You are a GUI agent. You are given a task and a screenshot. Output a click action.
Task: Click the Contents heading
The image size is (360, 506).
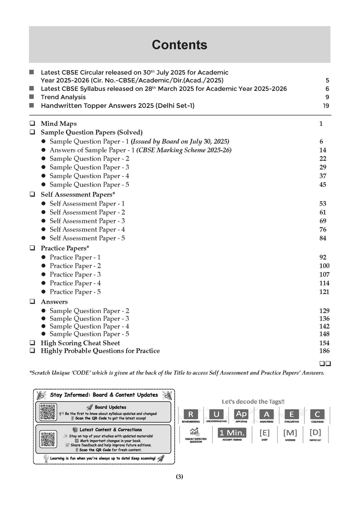[x=179, y=45]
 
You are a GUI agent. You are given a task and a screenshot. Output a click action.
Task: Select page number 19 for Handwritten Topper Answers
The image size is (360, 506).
[x=326, y=106]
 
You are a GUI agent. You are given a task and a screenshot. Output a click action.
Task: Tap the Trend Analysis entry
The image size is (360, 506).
[x=63, y=97]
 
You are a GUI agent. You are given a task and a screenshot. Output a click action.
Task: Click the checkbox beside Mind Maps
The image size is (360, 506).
[x=32, y=124]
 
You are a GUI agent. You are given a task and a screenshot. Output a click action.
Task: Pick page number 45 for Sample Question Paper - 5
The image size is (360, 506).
[x=323, y=185]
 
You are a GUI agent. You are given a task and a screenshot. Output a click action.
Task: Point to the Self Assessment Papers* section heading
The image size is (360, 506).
[x=78, y=195]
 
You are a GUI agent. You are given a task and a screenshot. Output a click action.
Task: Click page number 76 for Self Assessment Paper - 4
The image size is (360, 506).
[x=323, y=230]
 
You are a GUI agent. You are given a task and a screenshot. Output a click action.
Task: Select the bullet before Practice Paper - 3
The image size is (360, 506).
[x=44, y=275]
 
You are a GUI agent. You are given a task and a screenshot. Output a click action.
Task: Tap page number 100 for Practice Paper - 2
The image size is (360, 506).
[x=324, y=266]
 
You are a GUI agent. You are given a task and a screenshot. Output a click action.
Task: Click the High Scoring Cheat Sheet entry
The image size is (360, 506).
[x=80, y=343]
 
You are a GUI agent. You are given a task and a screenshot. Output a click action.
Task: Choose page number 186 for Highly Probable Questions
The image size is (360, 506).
[x=324, y=351]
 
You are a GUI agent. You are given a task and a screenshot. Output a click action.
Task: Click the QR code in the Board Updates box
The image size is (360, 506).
[x=48, y=412]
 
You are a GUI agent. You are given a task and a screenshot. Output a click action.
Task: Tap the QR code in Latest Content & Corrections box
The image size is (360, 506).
[x=48, y=439]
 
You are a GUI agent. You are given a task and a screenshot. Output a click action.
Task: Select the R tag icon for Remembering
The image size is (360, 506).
[x=191, y=414]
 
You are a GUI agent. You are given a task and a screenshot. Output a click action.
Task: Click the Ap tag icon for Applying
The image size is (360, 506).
[x=241, y=414]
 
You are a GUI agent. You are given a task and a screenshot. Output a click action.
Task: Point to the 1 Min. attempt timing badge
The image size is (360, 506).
[x=232, y=433]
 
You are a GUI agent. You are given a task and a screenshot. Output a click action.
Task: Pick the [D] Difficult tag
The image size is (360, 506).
[x=315, y=433]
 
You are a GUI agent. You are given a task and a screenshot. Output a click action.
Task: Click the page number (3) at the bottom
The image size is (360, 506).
[x=179, y=477]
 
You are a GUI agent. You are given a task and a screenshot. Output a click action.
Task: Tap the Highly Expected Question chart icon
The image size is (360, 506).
[x=194, y=432]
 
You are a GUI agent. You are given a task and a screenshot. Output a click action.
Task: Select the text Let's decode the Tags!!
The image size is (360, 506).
[x=253, y=402]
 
